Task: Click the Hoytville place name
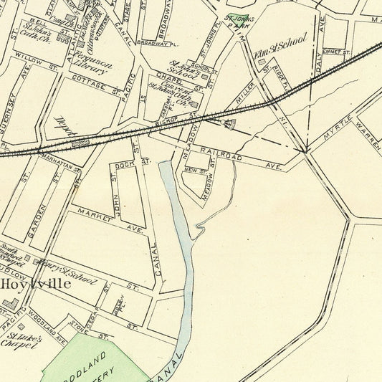[35, 284]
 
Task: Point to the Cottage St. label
[102, 88]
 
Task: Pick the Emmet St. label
[335, 52]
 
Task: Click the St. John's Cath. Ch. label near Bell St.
[40, 33]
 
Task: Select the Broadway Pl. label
[153, 43]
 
